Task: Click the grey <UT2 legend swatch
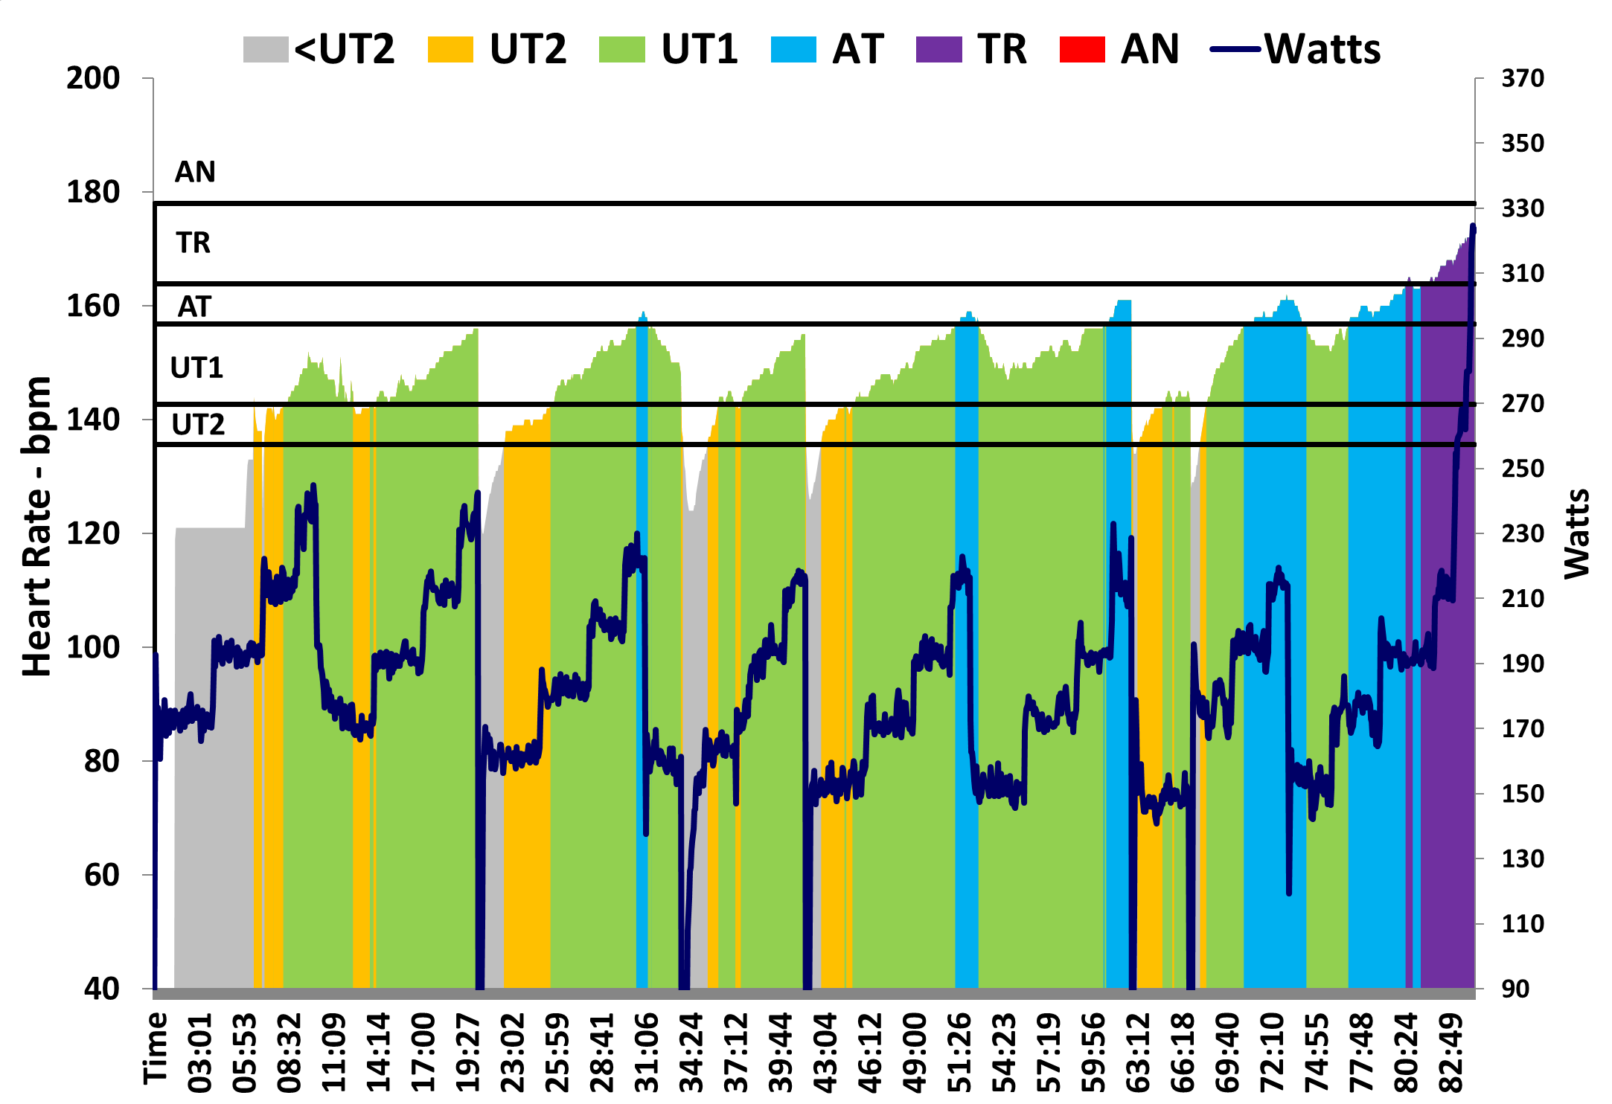[x=266, y=50]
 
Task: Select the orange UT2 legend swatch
[x=450, y=50]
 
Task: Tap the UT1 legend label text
[x=699, y=50]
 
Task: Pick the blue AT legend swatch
[x=793, y=50]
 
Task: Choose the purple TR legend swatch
[x=938, y=50]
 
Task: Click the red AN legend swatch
[x=1082, y=50]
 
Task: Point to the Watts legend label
[x=1322, y=50]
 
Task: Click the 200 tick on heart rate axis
[x=93, y=78]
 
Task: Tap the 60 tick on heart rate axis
[x=101, y=875]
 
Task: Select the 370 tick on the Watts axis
[x=1523, y=78]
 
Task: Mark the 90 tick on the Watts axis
[x=1515, y=989]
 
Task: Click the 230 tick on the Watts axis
[x=1523, y=533]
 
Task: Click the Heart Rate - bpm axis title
[x=37, y=526]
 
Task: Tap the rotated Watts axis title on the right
[x=1577, y=533]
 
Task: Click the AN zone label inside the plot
[x=195, y=172]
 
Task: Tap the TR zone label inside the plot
[x=193, y=243]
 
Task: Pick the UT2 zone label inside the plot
[x=198, y=424]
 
